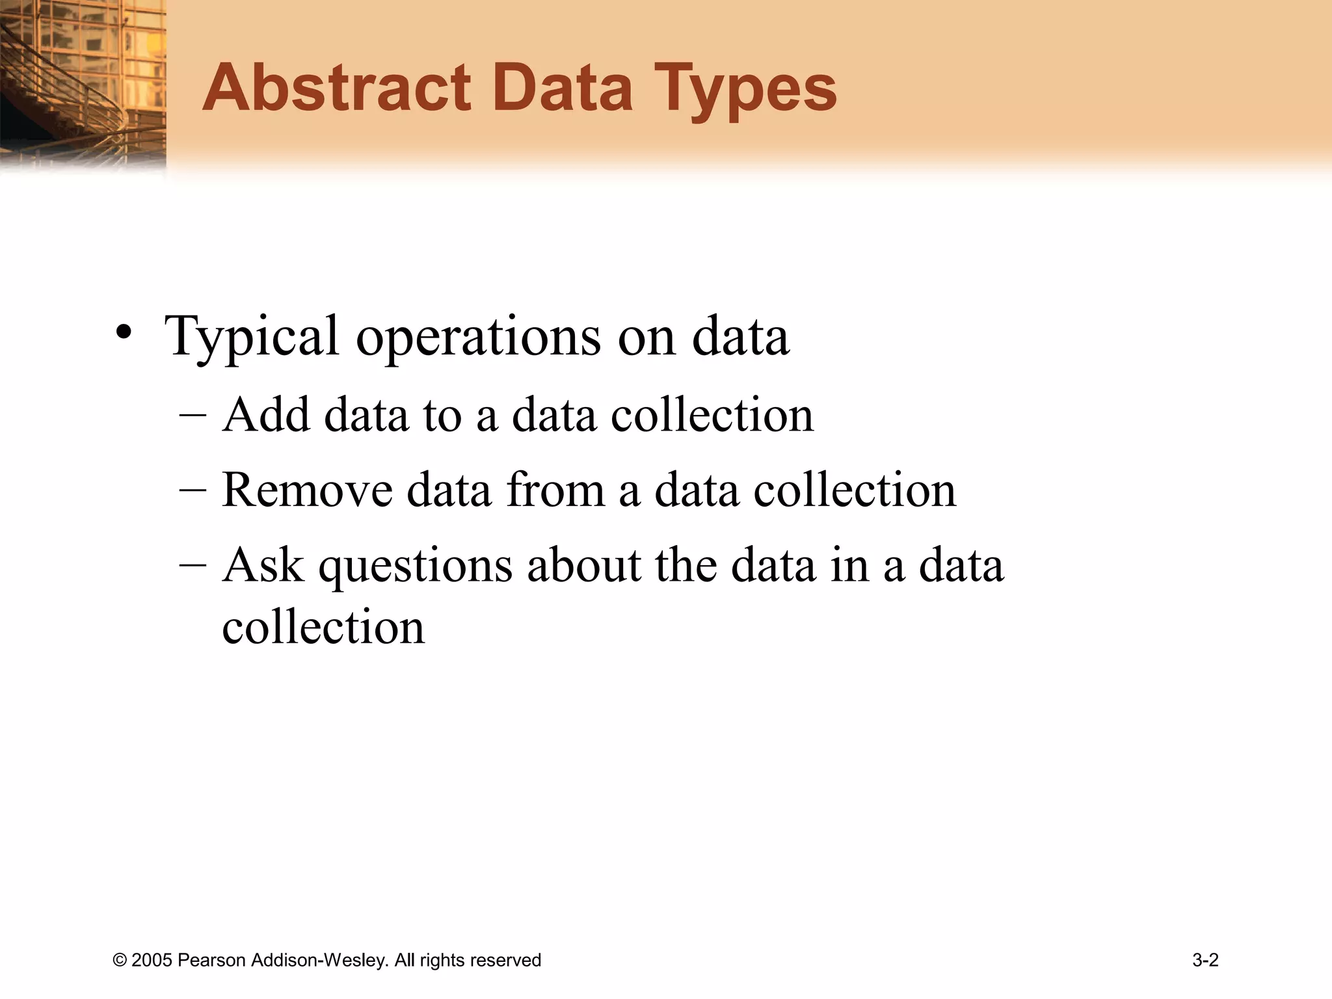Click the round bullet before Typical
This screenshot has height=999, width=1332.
(x=124, y=333)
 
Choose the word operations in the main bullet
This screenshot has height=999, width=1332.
(x=478, y=337)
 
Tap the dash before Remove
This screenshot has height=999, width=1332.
(x=193, y=490)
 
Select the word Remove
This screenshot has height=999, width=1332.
(x=307, y=490)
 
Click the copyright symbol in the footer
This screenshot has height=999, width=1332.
(x=120, y=961)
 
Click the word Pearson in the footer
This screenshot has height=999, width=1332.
(x=211, y=961)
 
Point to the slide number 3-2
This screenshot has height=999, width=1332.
(x=1205, y=961)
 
